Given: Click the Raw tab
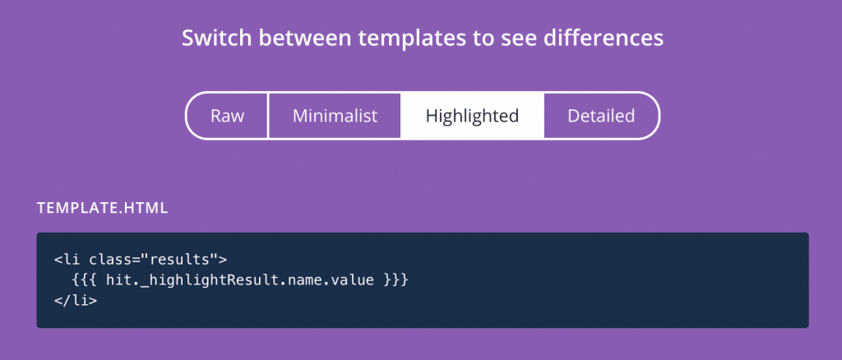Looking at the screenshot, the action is click(x=227, y=116).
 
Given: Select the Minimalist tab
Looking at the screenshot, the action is click(x=335, y=116).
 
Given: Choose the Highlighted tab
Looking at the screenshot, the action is click(x=472, y=116).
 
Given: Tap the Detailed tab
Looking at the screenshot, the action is click(x=601, y=116).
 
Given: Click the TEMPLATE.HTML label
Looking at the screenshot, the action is click(x=103, y=209).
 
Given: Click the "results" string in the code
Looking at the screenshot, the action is click(x=179, y=261).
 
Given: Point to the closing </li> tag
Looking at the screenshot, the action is click(x=76, y=301).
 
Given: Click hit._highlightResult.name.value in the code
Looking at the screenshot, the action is click(x=240, y=280).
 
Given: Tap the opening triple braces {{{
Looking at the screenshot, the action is click(x=85, y=280).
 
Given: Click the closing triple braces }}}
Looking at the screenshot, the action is click(x=396, y=280).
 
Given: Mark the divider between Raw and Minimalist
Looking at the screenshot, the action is click(x=268, y=116).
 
